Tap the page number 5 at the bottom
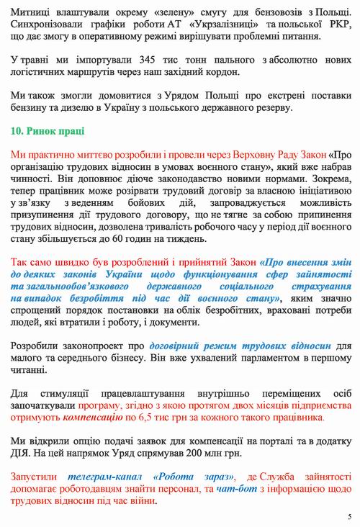click(349, 516)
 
